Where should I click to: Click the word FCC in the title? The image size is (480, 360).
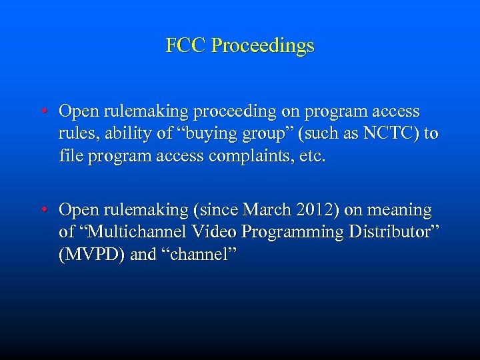coord(186,46)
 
